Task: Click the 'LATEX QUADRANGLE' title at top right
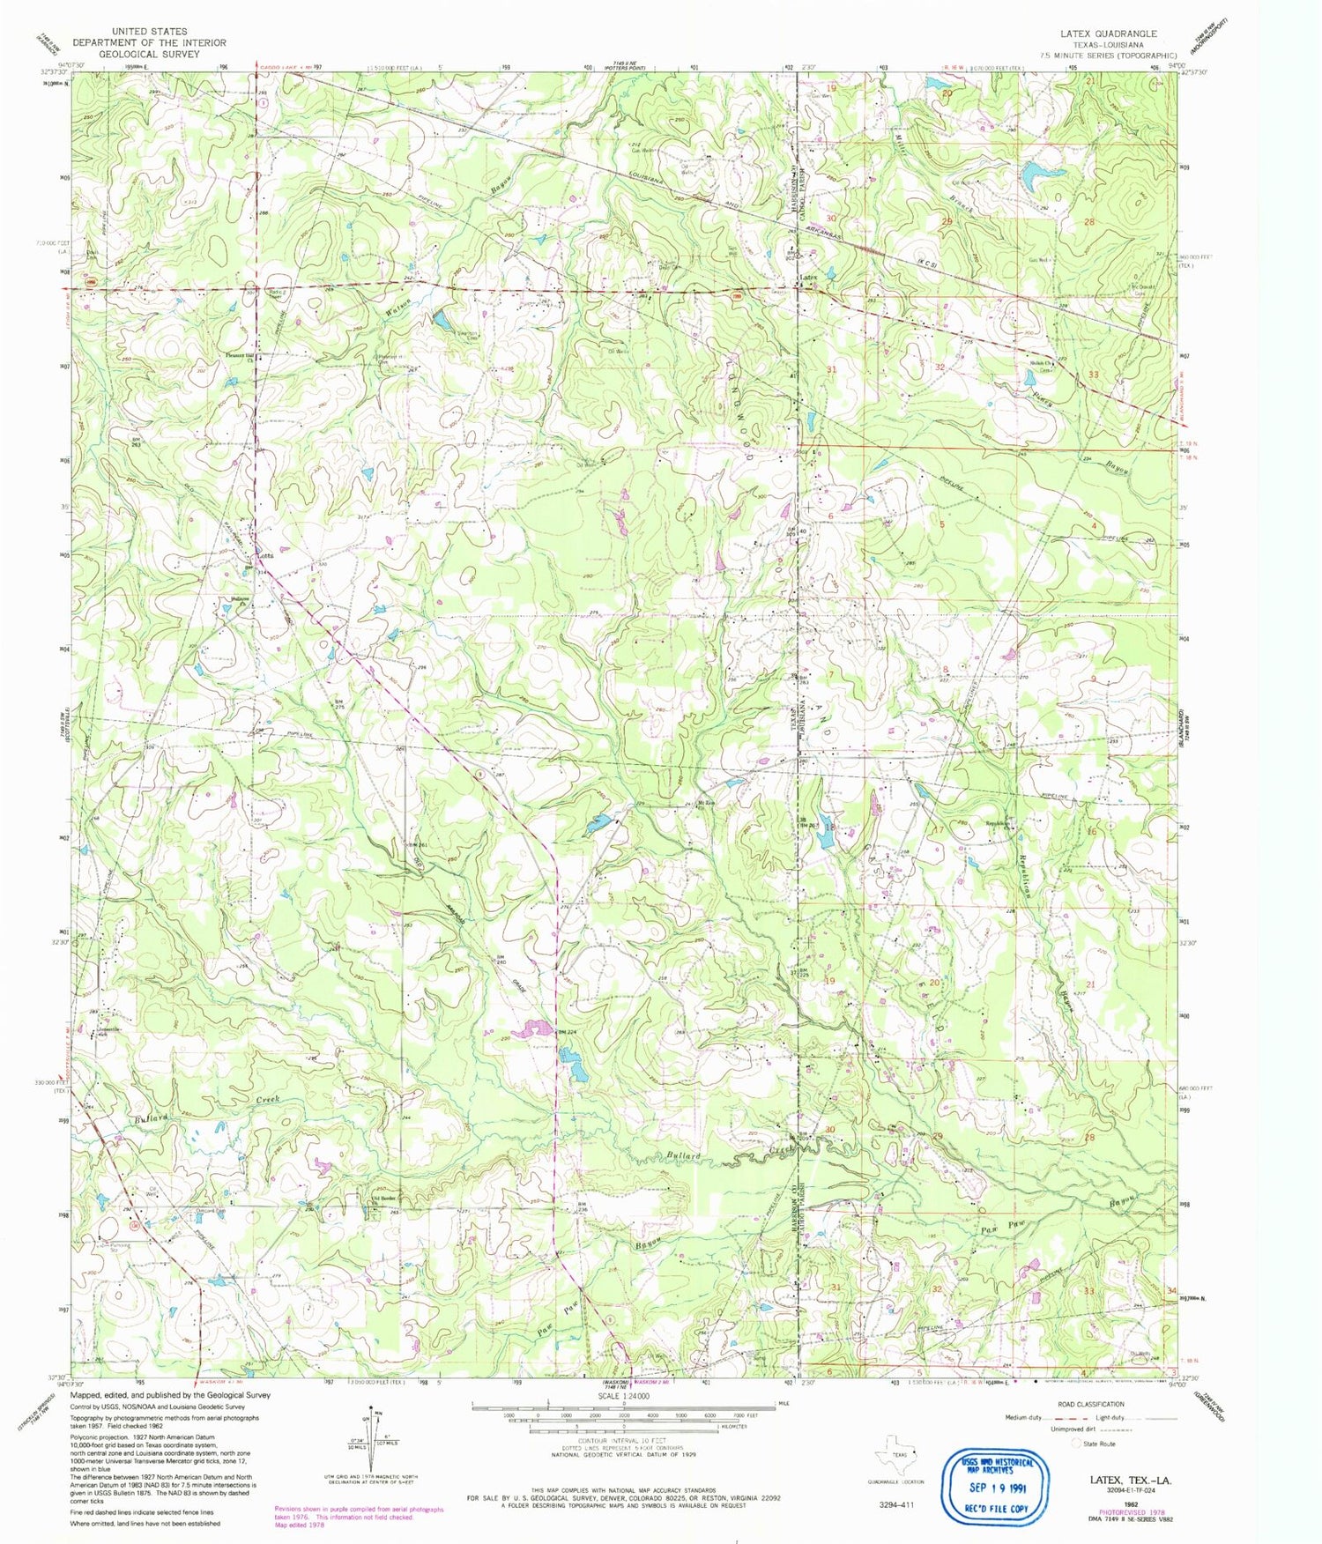(x=1108, y=33)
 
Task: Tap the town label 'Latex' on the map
(x=808, y=278)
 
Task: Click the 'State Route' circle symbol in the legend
(x=1076, y=1443)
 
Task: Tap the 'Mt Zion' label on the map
(x=705, y=803)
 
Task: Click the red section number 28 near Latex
(x=1089, y=222)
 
